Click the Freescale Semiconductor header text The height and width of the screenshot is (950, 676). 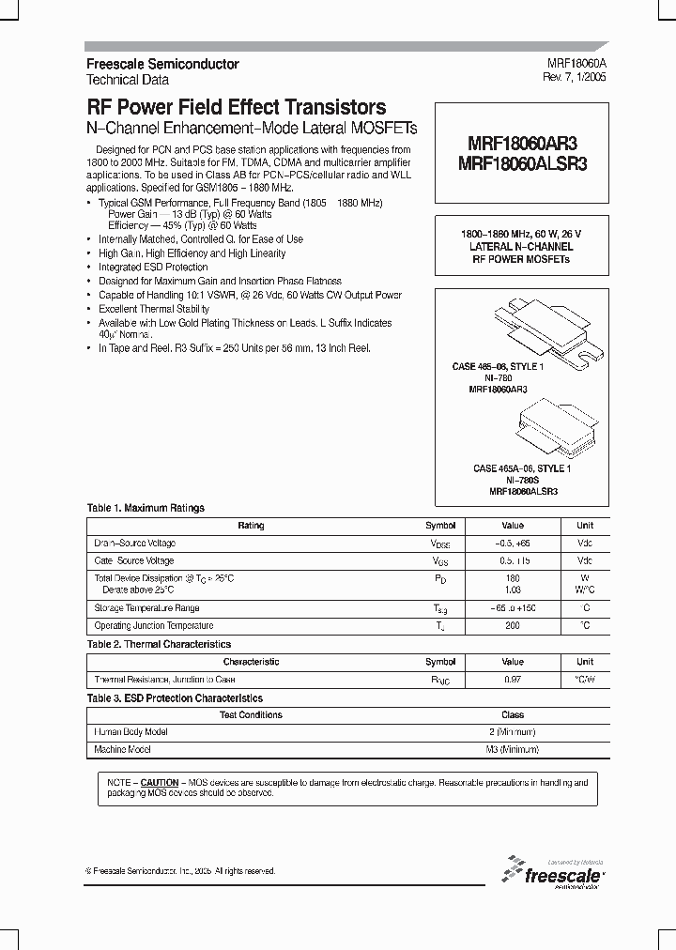162,64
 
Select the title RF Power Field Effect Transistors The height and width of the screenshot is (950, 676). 237,107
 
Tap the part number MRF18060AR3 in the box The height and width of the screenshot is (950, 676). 521,144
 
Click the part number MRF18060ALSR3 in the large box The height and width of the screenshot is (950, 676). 521,162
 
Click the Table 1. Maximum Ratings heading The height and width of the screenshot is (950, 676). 146,508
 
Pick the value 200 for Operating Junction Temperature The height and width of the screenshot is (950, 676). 512,626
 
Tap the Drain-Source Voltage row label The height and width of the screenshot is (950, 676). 134,544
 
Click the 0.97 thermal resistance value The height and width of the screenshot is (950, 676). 512,680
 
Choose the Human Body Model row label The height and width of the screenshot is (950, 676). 131,732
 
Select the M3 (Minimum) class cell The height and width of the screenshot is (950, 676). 512,750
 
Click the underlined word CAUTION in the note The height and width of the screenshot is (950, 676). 160,782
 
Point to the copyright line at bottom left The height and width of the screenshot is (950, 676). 180,871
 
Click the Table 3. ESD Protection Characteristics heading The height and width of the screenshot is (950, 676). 175,698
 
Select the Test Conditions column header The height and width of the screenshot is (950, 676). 251,715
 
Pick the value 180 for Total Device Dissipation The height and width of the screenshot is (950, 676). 512,578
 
